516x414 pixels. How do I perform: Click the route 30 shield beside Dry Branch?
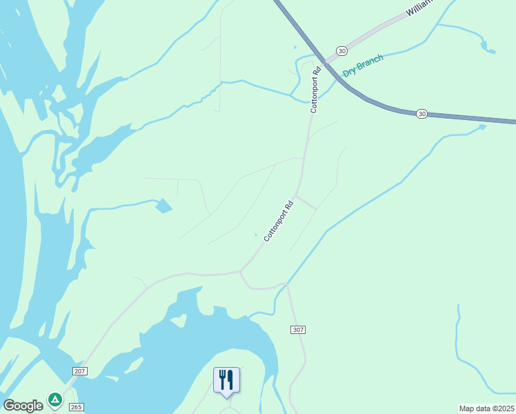tap(341, 51)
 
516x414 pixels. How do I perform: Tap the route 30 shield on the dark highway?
tap(421, 113)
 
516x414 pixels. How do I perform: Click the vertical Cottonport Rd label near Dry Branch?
tap(315, 89)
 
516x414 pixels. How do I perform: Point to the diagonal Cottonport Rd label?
tap(279, 220)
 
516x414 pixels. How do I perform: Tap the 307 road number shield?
tap(298, 330)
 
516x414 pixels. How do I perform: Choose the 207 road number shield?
tap(79, 371)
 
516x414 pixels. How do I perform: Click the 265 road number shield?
tap(76, 407)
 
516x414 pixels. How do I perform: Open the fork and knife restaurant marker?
tap(226, 380)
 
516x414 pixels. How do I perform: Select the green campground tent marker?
tap(54, 399)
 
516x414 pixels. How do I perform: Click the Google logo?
tap(23, 406)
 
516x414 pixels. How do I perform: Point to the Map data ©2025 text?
tap(486, 408)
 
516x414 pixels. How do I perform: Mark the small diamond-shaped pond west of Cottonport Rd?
tap(164, 206)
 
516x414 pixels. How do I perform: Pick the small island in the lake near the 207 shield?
tap(179, 321)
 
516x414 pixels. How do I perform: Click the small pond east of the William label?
tap(488, 49)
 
